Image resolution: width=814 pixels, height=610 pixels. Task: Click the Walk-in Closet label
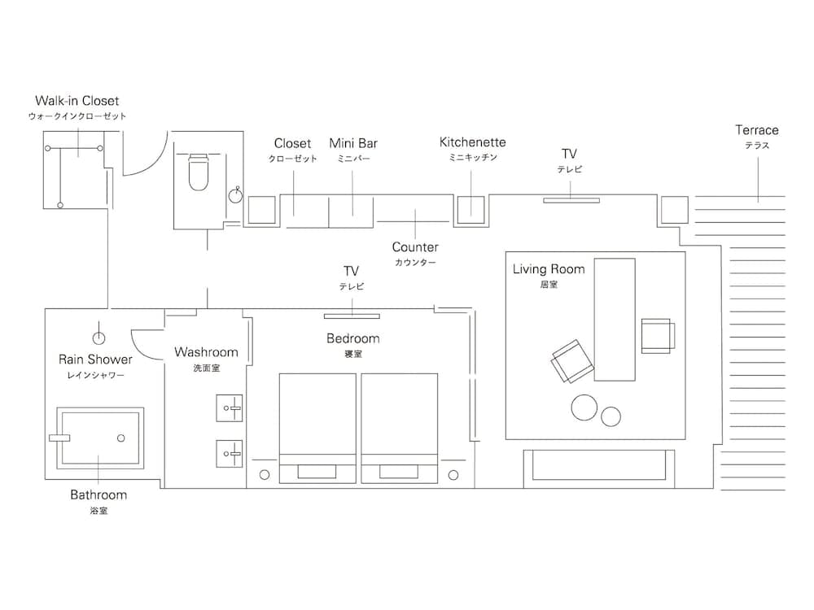coord(77,102)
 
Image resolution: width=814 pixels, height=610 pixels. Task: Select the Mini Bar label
coord(353,144)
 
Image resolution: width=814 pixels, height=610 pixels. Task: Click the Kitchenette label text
coord(472,142)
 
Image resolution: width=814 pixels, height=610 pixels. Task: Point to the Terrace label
coord(757,130)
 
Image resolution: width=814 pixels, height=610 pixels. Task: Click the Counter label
coord(415,247)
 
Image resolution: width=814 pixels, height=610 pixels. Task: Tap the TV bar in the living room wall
coord(571,199)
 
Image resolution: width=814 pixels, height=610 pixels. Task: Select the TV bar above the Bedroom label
coord(352,316)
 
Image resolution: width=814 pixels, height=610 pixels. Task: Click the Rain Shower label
coord(95,359)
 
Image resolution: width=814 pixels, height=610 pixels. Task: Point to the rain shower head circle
coord(99,336)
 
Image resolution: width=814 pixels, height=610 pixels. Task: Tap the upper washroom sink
coord(230,407)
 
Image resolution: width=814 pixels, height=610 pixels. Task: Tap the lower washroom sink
coord(230,453)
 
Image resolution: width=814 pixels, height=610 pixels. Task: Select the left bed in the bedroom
coord(317,423)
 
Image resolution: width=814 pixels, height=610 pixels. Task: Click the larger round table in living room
coord(584,407)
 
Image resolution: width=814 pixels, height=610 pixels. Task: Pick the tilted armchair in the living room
coord(572,361)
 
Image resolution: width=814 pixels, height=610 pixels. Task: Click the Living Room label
coord(549,269)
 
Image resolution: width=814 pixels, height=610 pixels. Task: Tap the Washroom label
coord(206,353)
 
